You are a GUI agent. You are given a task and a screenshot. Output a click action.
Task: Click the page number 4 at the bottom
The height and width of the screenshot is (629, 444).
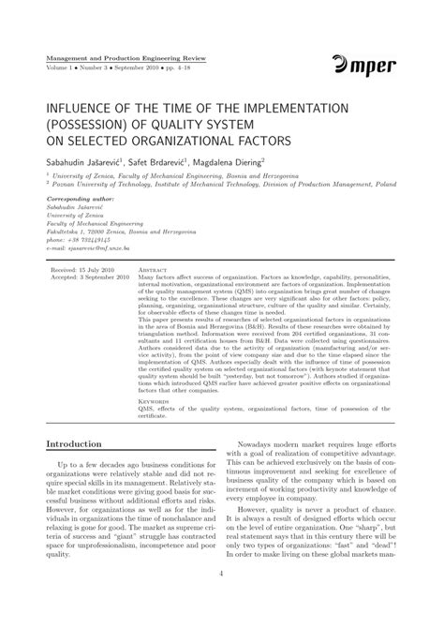[x=221, y=601]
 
